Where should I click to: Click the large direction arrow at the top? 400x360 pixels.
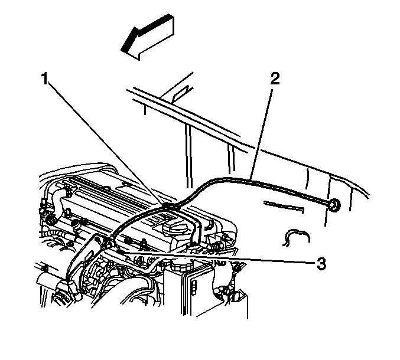point(148,37)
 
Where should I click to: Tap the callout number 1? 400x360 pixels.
point(45,78)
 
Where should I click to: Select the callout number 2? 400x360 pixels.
point(275,78)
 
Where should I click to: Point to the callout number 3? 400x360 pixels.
point(321,263)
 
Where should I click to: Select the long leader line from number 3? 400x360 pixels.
point(217,257)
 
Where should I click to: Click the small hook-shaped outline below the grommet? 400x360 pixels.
point(297,237)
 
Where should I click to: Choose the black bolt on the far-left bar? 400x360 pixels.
point(45,269)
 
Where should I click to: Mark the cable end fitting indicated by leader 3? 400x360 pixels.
point(110,242)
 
